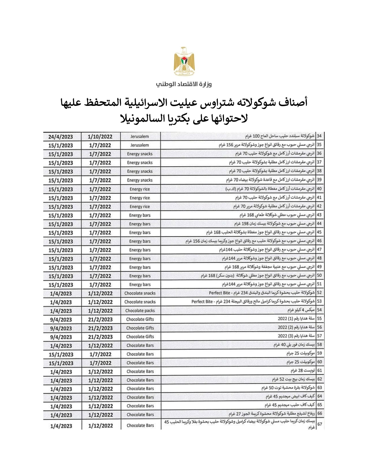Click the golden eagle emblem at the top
coord(184,61)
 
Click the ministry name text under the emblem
coord(184,84)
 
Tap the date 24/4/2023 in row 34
coord(61,137)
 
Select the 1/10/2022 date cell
coord(100,137)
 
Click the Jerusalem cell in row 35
coord(140,145)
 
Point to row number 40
coord(319,189)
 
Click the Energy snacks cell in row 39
coord(140,180)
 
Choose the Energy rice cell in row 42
coord(140,207)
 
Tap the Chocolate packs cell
coord(140,311)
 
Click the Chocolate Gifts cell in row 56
coord(140,328)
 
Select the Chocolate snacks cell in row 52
coord(140,293)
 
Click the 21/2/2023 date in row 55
coord(100,319)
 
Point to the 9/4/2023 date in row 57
coord(61,337)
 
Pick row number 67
coord(319,424)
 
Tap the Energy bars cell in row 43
coord(140,215)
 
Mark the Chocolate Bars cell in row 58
coord(140,345)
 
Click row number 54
coord(319,310)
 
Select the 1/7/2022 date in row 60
coord(100,363)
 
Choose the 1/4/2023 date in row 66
coord(61,415)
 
